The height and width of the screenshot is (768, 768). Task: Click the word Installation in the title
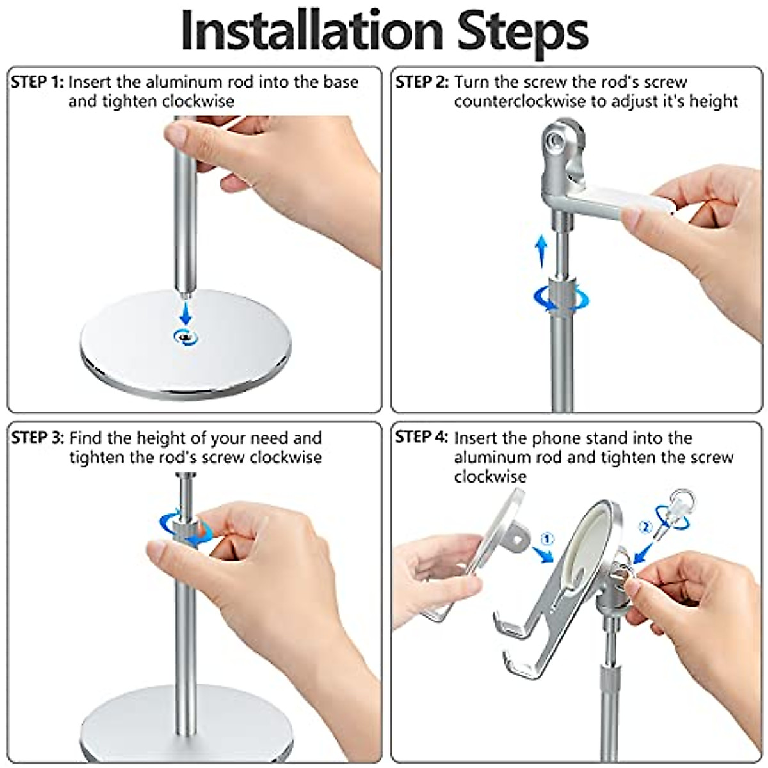click(x=312, y=32)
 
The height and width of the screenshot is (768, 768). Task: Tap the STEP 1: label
click(x=37, y=83)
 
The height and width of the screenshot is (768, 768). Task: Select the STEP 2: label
click(x=422, y=83)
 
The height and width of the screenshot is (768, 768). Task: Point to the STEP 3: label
click(x=38, y=438)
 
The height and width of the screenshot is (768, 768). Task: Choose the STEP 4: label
click(x=422, y=437)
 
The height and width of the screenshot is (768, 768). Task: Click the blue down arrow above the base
click(x=186, y=314)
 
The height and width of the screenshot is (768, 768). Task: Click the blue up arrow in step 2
click(x=541, y=251)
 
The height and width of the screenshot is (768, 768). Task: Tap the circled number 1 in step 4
click(x=547, y=540)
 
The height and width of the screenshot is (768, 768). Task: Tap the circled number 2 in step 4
click(x=645, y=527)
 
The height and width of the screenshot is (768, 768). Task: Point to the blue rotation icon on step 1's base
click(x=186, y=337)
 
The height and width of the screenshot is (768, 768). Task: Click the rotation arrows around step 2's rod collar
click(x=561, y=297)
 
